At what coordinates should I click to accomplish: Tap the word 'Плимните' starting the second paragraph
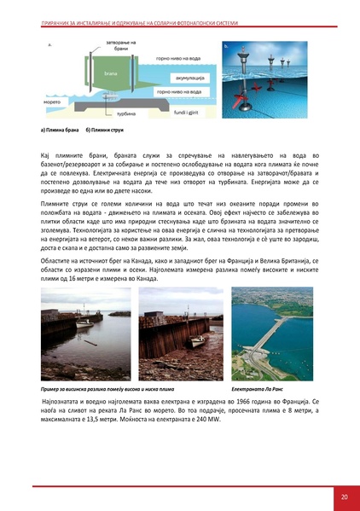click(58, 206)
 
